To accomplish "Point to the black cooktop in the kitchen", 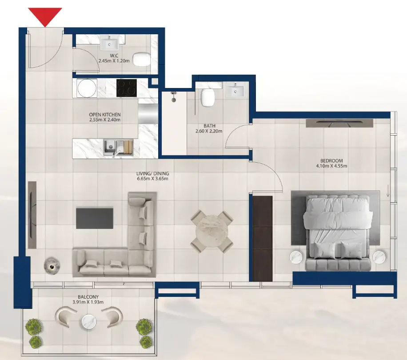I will pos(127,88).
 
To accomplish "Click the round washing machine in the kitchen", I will pos(87,88).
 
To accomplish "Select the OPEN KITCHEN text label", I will pos(105,115).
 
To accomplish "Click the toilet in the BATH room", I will pos(207,97).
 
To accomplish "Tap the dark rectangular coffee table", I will pos(94,217).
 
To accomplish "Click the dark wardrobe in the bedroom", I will pos(262,238).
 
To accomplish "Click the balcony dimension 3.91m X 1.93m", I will pos(87,302).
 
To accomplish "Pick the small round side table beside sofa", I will pos(52,265).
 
